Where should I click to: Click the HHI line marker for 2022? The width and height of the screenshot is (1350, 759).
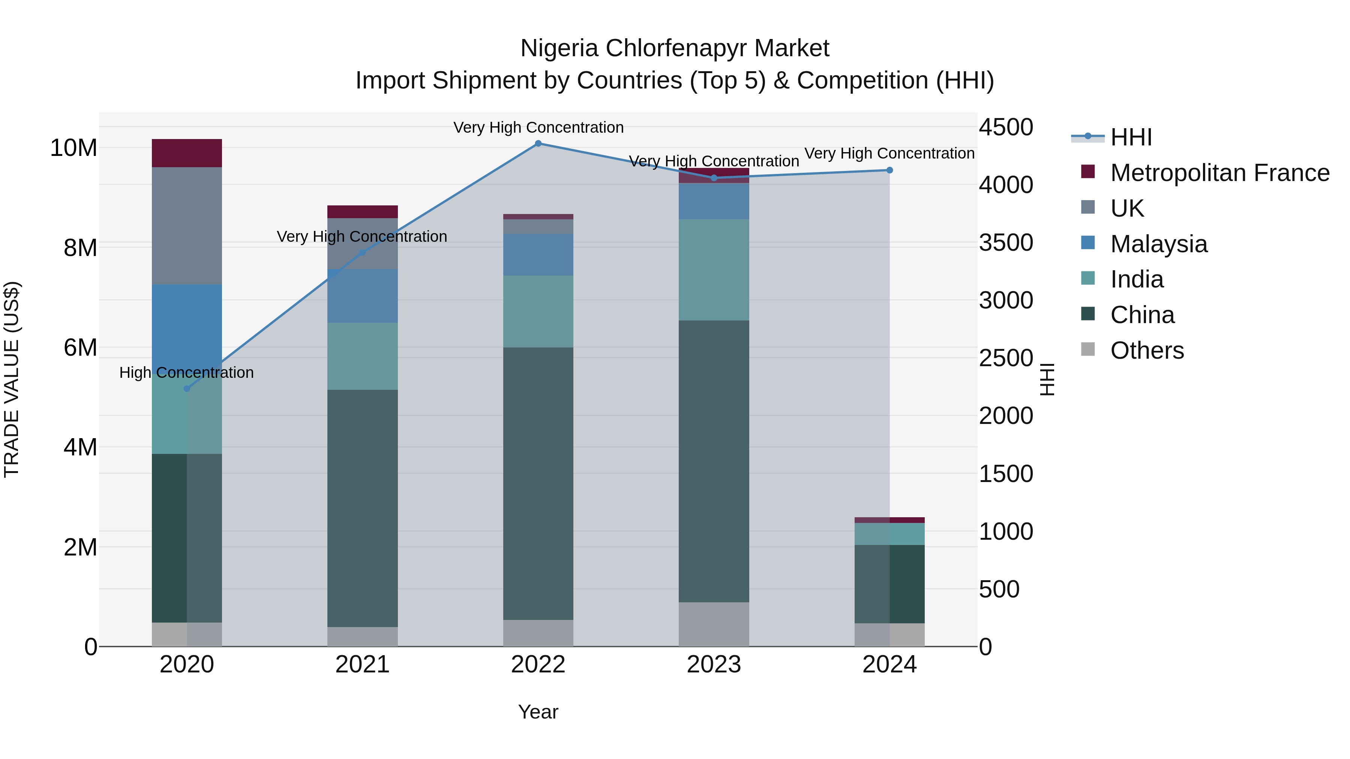[x=538, y=144]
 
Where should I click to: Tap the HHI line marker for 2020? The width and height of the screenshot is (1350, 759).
[x=187, y=389]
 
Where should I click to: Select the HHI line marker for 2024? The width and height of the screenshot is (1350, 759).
[x=889, y=170]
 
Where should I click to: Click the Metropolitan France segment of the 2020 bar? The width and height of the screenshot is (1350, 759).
[x=187, y=153]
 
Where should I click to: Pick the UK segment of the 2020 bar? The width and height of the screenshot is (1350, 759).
[x=187, y=226]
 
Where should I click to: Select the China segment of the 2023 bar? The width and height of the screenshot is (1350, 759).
[x=714, y=461]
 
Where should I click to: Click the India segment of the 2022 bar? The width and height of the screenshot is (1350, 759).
[x=538, y=311]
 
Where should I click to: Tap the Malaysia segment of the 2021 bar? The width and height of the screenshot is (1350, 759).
[x=362, y=296]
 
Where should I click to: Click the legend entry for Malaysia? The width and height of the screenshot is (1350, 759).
[x=1158, y=244]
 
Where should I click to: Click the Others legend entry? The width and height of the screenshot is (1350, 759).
[x=1147, y=350]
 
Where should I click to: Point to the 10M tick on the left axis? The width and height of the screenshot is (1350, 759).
[x=73, y=148]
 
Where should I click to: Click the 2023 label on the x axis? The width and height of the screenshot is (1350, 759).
[x=714, y=665]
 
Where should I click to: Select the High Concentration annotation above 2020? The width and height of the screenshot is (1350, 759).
[x=187, y=373]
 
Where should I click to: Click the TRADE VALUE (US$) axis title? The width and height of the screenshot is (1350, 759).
[x=12, y=379]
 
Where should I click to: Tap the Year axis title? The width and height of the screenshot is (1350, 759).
[x=538, y=712]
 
